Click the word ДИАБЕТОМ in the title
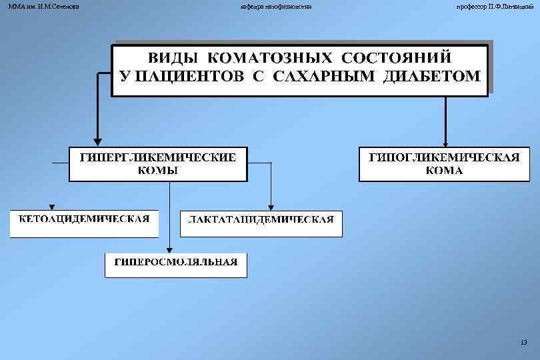[431, 75]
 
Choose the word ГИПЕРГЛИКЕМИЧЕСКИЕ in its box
[158, 157]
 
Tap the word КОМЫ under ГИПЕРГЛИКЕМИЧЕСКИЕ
[157, 170]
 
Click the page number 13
[523, 343]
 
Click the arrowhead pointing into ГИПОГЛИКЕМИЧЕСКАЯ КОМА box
[445, 141]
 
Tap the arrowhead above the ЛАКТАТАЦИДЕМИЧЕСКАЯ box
[271, 206]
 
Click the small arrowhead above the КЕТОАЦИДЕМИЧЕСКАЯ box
[52, 206]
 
